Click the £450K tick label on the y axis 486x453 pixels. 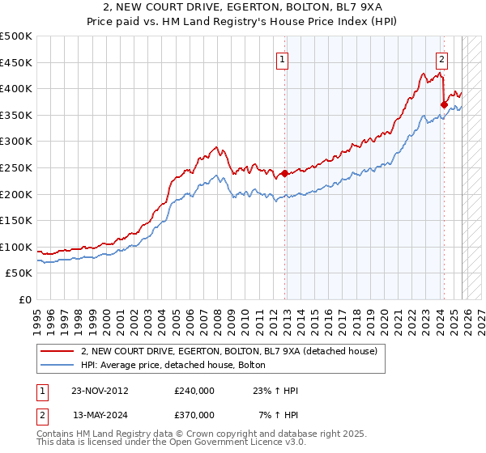coord(16,62)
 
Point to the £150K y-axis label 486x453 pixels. coord(16,221)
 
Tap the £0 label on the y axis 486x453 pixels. coord(24,300)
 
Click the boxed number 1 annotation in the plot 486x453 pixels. coord(283,58)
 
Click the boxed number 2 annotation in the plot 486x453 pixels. coord(442,58)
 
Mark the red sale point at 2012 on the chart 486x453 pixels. coord(285,173)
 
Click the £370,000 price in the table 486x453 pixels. coord(194,414)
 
